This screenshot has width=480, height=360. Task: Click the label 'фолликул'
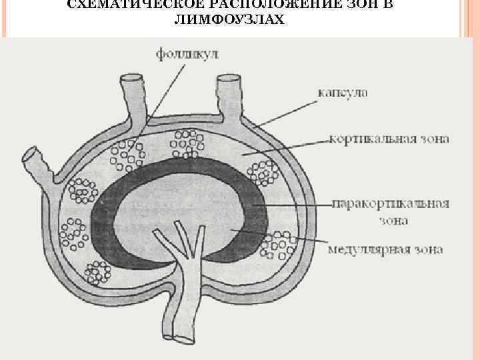coord(188,53)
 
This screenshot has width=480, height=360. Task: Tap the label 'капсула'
coord(341,93)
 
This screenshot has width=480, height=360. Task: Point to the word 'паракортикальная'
coord(390,204)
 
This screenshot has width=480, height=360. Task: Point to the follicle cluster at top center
coord(188,142)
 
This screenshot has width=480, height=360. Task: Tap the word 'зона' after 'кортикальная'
coord(435,139)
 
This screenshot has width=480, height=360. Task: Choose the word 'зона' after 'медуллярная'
coord(428,250)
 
